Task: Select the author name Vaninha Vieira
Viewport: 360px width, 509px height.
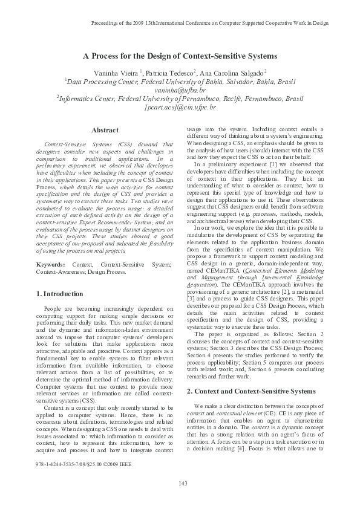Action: click(x=119, y=72)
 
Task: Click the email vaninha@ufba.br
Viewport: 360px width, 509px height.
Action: click(x=180, y=89)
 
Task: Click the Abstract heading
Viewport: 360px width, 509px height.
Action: click(x=105, y=130)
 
